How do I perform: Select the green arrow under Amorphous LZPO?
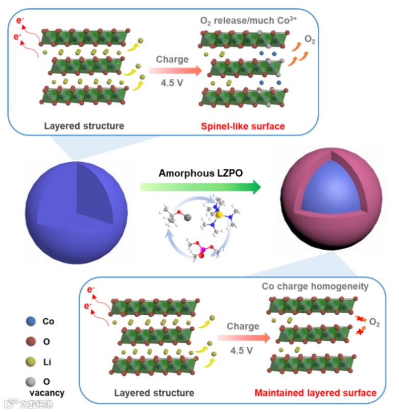(200, 188)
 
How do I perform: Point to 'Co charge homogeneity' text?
(315, 287)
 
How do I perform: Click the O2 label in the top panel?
(310, 39)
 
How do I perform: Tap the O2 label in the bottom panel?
(374, 323)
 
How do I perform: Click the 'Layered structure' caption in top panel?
(84, 126)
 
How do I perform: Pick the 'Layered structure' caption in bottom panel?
(154, 393)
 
